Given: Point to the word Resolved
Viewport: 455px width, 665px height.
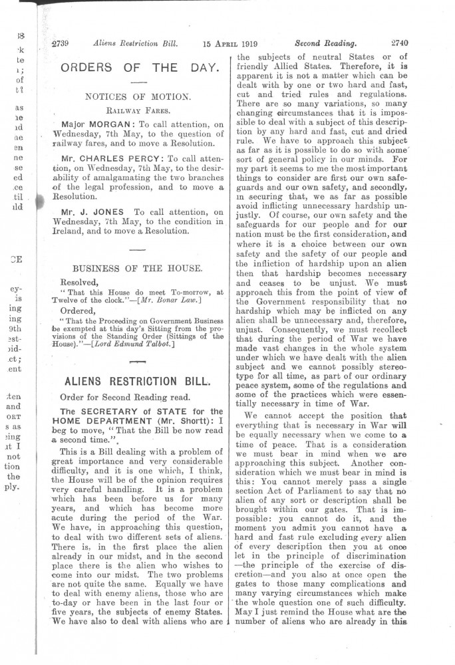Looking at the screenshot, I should tap(79, 282).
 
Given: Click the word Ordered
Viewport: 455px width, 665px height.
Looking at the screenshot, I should tap(78, 309).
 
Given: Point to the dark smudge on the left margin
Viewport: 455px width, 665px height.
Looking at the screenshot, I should tap(38, 203).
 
